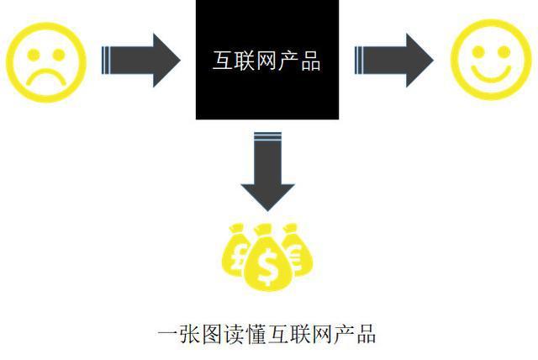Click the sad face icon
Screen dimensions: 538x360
coord(46,62)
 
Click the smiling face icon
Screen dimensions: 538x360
coord(491,60)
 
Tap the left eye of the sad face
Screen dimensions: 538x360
coord(34,55)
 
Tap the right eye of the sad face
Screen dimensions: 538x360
coord(59,55)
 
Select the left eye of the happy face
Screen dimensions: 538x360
coord(478,52)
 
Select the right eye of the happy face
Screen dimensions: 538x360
coord(504,52)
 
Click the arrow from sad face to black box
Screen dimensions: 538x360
coord(140,61)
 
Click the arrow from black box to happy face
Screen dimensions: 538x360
coord(394,61)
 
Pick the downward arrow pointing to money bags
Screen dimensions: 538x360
coord(267,171)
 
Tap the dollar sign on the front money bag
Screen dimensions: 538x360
coord(268,267)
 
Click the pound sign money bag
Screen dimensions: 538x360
coord(236,251)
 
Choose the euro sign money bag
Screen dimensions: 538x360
coord(297,250)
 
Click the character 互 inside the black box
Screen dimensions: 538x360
coord(223,61)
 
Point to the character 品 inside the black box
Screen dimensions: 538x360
coord(311,61)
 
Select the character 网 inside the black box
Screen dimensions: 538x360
coord(266,61)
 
